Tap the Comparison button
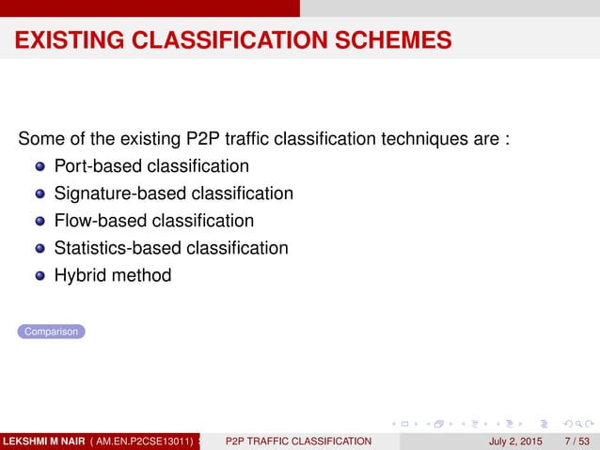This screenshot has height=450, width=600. pyautogui.click(x=51, y=332)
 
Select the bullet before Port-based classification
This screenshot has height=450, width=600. pyautogui.click(x=39, y=167)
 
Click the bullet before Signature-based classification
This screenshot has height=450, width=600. pyautogui.click(x=39, y=194)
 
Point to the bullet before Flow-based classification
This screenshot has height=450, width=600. pyautogui.click(x=39, y=222)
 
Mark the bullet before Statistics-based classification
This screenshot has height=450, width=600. pyautogui.click(x=39, y=249)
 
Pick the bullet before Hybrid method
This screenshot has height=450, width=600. pyautogui.click(x=39, y=276)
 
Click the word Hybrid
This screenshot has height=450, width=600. pyautogui.click(x=80, y=275)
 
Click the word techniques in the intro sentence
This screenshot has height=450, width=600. pyautogui.click(x=428, y=140)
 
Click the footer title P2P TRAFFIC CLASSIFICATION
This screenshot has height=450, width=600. pyautogui.click(x=298, y=440)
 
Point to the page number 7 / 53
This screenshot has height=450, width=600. pyautogui.click(x=575, y=440)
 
